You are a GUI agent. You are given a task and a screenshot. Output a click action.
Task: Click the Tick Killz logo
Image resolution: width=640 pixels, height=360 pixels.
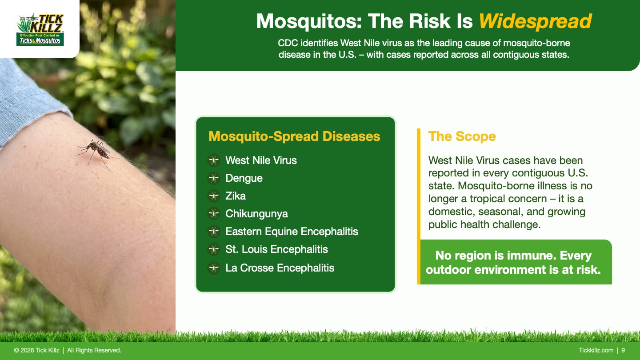coord(40,30)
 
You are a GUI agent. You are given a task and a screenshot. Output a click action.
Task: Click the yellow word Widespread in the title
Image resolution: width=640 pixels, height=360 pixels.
coord(535,21)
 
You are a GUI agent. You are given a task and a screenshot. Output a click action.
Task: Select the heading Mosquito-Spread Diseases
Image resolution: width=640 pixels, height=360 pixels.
coord(294,136)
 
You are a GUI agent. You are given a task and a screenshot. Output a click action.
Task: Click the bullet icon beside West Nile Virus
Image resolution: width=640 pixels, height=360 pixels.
coord(214,160)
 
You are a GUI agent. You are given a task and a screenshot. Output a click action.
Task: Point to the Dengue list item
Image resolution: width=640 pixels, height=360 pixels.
coord(244,178)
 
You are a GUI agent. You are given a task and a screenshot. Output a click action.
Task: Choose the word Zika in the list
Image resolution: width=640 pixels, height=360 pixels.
coord(236,196)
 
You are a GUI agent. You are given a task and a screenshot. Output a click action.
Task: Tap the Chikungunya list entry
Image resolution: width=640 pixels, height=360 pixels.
coord(256,214)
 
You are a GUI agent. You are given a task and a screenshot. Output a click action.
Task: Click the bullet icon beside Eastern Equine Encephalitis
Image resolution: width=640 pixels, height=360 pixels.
coord(214,231)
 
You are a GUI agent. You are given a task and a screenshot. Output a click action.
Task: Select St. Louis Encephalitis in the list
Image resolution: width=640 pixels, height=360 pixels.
coord(276,249)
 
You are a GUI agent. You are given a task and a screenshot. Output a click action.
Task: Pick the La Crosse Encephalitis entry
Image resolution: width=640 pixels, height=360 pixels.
coord(280,268)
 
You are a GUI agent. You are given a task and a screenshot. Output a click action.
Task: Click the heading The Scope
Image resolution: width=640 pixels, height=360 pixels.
coord(462,136)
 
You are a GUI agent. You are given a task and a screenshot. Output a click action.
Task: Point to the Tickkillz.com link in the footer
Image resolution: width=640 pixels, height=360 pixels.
coord(596,350)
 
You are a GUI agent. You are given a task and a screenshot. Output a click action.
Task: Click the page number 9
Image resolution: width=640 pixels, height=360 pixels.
coord(623,350)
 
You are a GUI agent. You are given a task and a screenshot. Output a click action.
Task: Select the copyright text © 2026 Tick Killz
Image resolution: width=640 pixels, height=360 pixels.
coord(36,350)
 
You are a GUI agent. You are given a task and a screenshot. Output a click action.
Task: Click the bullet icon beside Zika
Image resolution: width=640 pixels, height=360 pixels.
coord(214,196)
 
